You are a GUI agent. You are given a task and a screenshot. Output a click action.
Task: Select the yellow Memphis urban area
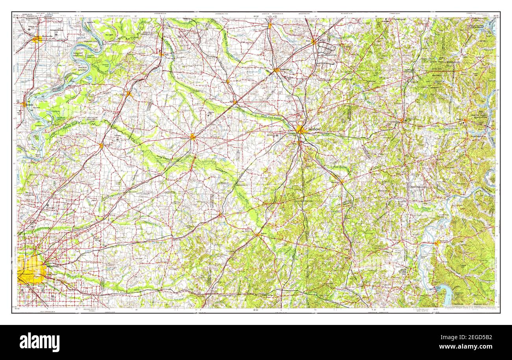[31, 270]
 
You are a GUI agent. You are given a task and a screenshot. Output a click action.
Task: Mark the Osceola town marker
[24, 104]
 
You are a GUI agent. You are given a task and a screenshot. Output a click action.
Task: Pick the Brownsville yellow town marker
[193, 137]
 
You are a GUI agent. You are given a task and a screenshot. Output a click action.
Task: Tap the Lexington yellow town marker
[401, 120]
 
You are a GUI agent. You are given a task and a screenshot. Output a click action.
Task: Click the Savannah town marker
[436, 243]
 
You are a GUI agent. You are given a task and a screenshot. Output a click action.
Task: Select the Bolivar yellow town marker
[258, 234]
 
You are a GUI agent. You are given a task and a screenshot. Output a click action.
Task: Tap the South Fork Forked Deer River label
[272, 117]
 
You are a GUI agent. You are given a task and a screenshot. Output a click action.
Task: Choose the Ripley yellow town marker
[129, 94]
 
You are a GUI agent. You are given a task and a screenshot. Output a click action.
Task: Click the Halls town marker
[161, 54]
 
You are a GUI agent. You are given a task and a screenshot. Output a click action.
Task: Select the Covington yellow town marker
[101, 145]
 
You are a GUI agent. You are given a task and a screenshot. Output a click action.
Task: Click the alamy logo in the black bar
[39, 341]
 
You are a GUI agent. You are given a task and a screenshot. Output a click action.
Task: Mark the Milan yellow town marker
[314, 41]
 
